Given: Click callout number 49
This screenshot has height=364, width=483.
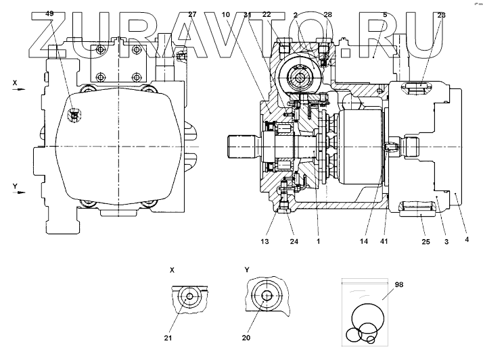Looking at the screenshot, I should pyautogui.click(x=50, y=14).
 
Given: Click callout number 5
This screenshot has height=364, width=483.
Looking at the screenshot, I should pyautogui.click(x=385, y=14).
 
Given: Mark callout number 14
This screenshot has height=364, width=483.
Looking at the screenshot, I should pyautogui.click(x=364, y=240).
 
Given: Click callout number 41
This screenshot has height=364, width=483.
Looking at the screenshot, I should pyautogui.click(x=386, y=240).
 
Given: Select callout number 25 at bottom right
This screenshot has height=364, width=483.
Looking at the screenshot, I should pyautogui.click(x=425, y=240).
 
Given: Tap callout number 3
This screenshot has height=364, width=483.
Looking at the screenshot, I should pyautogui.click(x=446, y=240).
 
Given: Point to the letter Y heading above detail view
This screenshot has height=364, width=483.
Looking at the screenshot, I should pyautogui.click(x=248, y=269).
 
